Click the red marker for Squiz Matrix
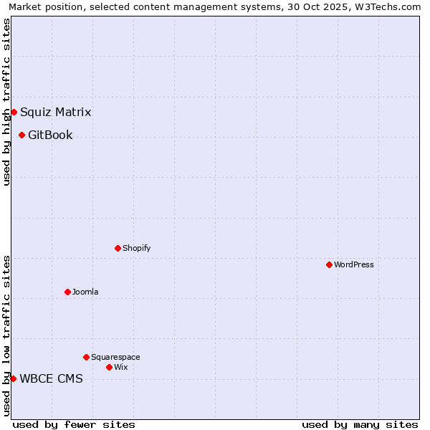tap(14, 112)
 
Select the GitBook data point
tap(21, 135)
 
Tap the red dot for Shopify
tap(118, 248)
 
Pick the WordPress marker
tap(329, 264)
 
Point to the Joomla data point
tap(67, 292)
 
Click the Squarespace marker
tap(86, 357)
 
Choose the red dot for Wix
tap(109, 367)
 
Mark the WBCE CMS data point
tap(13, 378)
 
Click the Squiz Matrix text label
tap(55, 112)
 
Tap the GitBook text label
tap(50, 135)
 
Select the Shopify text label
tap(136, 248)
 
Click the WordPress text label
tap(353, 264)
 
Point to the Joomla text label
tap(85, 292)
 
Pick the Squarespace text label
tap(115, 357)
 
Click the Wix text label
tap(120, 367)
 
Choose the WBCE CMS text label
tap(51, 378)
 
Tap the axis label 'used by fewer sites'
tap(74, 424)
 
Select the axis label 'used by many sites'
tap(360, 424)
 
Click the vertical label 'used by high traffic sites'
tap(6, 102)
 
